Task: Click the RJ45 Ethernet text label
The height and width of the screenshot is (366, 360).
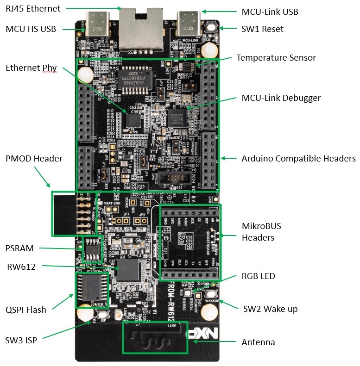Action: click(34, 8)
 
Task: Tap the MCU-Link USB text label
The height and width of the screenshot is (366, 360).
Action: click(270, 11)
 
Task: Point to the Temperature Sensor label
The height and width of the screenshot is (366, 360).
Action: click(276, 58)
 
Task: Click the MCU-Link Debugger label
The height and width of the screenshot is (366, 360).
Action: click(281, 98)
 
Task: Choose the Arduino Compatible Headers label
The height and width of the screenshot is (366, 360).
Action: click(298, 159)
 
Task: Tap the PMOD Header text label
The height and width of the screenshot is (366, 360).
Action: click(34, 159)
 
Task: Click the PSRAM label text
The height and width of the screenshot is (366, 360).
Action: click(20, 248)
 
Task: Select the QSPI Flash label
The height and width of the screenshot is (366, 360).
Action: click(26, 310)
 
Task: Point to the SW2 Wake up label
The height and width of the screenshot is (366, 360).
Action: click(270, 309)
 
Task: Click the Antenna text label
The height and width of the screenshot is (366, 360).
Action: click(258, 342)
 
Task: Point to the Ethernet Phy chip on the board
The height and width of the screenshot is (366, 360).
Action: click(134, 119)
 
